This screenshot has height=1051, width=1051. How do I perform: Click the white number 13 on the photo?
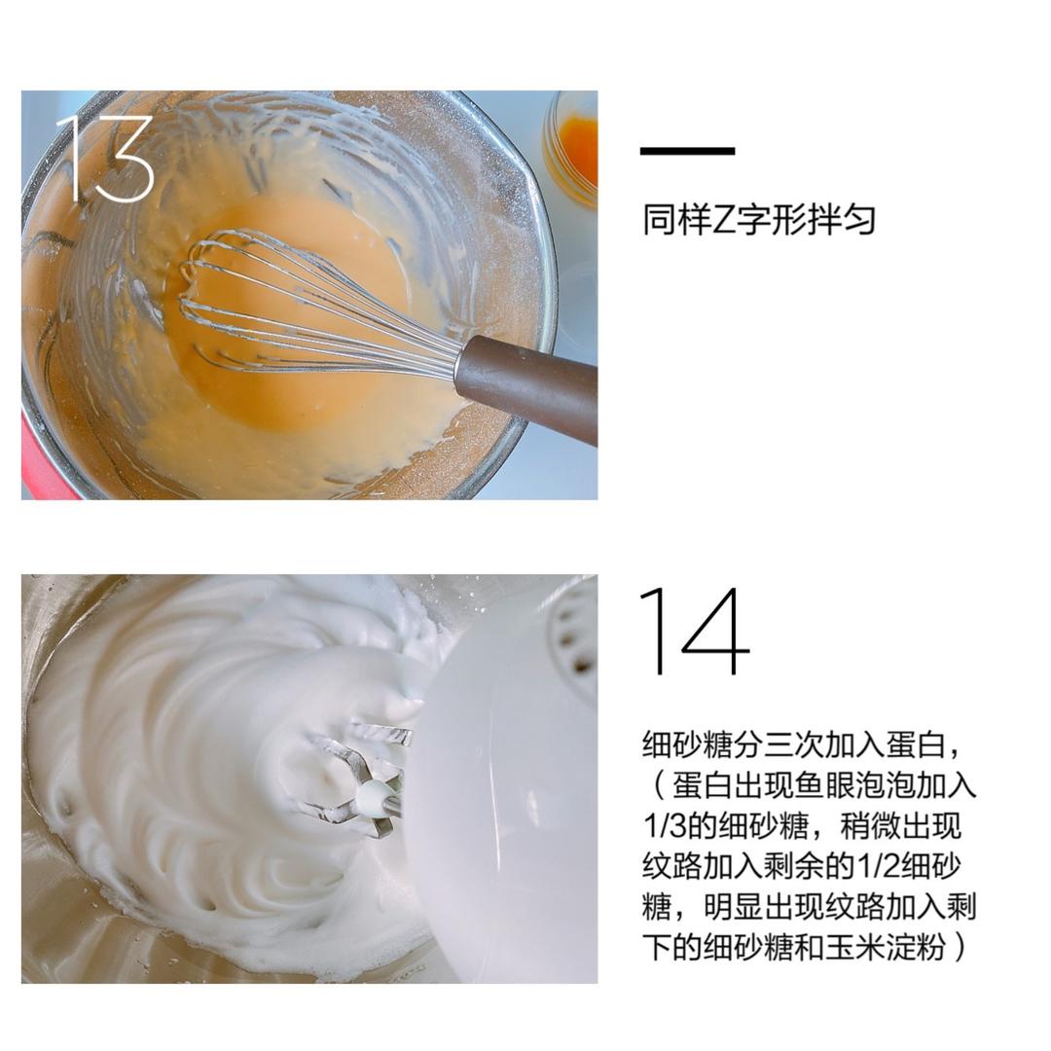(105, 159)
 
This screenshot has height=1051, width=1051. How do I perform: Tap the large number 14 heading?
(694, 631)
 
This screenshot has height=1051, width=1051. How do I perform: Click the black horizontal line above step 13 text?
(687, 151)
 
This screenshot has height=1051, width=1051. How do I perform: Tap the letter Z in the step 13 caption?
(721, 220)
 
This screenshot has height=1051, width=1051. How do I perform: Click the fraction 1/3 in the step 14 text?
(664, 826)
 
